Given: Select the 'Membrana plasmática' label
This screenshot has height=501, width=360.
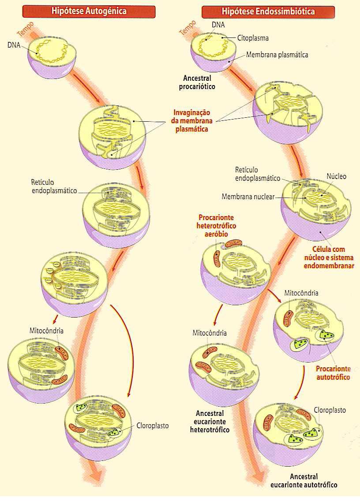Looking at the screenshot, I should [277, 55].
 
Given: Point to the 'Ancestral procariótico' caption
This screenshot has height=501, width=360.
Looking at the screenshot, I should [197, 82].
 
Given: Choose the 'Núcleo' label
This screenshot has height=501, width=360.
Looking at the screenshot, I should [336, 176].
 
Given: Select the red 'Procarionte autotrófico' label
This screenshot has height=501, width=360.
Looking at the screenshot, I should [333, 373].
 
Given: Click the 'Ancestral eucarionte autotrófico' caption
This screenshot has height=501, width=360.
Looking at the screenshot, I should [304, 481].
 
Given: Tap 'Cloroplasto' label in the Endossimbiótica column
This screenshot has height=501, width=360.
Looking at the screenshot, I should [330, 410].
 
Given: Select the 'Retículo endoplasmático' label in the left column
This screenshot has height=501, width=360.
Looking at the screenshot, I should [54, 186].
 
